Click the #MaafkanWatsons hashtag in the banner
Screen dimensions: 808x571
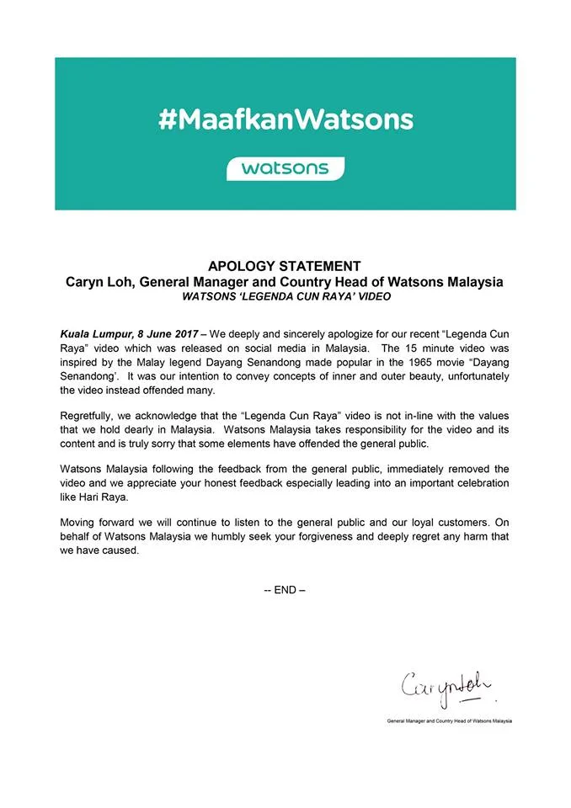tap(285, 119)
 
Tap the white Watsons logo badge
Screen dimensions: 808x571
tap(285, 167)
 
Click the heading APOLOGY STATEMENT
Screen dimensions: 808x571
tap(285, 266)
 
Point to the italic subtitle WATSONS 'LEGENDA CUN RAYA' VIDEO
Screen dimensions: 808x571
tap(285, 296)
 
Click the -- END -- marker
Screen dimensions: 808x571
tap(285, 590)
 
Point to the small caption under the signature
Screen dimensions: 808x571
tap(448, 721)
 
